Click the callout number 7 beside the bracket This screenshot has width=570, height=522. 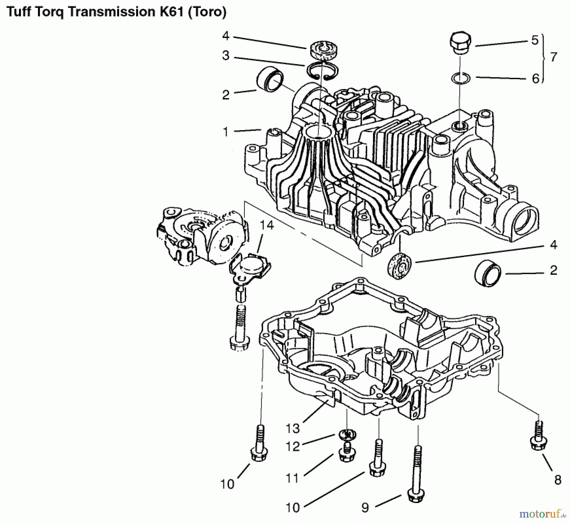click(553, 57)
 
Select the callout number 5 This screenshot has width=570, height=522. click(535, 40)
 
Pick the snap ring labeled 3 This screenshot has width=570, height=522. click(321, 70)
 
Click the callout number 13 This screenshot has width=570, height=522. click(293, 428)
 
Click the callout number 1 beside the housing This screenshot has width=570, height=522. click(225, 132)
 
